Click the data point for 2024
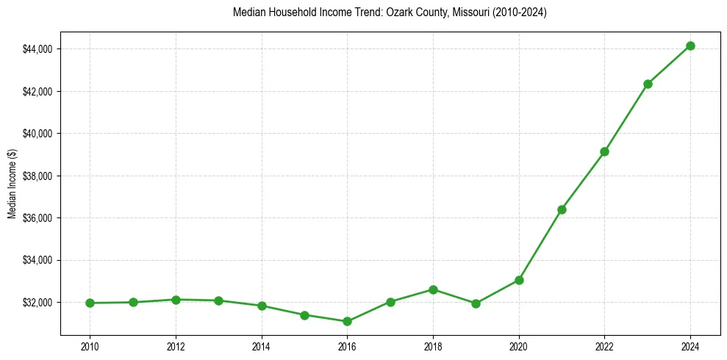coord(690,46)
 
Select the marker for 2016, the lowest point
coord(347,321)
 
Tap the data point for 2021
coord(562,209)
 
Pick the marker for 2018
coord(433,289)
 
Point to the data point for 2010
coord(90,303)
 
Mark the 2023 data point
coord(648,84)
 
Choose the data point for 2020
coord(519,280)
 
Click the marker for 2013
coord(218,300)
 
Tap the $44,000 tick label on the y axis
coord(37,49)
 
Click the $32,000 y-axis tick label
coord(37,303)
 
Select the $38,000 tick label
coord(37,176)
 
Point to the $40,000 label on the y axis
coord(37,134)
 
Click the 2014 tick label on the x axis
coord(261,345)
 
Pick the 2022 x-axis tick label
coord(604,345)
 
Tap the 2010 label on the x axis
coord(90,345)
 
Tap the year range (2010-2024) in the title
coord(518,12)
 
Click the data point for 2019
coord(476,303)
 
